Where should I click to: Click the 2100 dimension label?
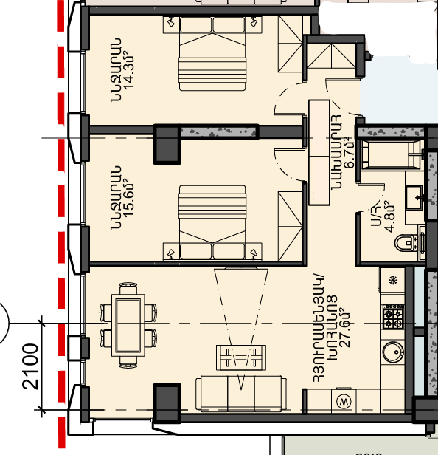tap(30, 366)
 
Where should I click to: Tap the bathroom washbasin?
tap(414, 198)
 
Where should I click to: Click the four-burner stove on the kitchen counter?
tap(393, 317)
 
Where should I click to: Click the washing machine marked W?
tap(344, 402)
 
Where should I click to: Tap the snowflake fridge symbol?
tap(393, 281)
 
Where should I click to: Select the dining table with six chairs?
tap(128, 325)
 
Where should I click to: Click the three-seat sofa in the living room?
tap(241, 394)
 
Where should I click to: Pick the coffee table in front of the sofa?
tap(241, 357)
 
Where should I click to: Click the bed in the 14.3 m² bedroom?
tap(212, 54)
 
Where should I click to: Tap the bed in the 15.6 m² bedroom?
tap(212, 222)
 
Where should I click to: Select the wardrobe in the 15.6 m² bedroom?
tap(290, 226)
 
